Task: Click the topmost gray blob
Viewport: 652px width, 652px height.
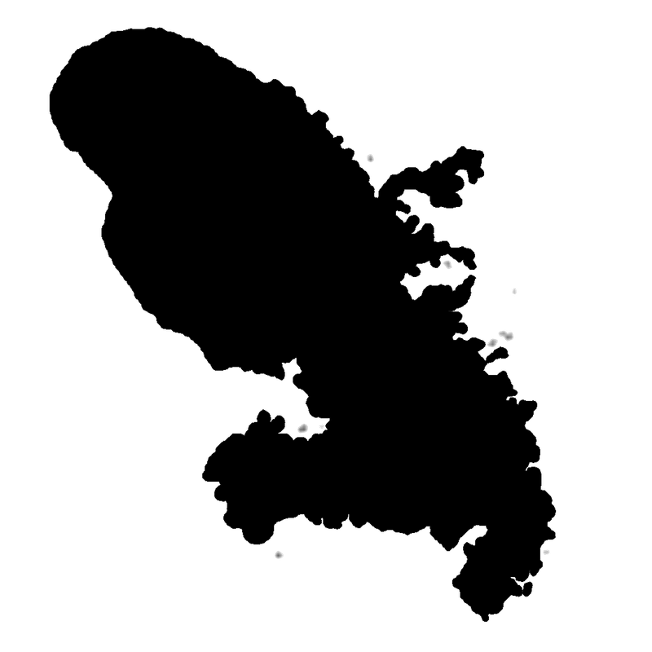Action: [x=370, y=158]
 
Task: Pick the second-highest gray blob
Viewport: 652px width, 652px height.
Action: [x=447, y=264]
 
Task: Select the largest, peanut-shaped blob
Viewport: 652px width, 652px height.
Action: [x=506, y=335]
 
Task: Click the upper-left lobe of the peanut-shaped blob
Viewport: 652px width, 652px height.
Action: [x=502, y=333]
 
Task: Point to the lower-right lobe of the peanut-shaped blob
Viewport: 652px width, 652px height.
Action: [x=509, y=337]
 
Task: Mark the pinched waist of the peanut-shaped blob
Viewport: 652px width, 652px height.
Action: [x=505, y=334]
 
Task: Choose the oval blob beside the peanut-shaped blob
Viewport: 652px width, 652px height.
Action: [x=492, y=343]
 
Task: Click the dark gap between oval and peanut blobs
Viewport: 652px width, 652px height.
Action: [x=498, y=339]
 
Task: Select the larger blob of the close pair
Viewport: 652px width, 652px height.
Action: [x=302, y=429]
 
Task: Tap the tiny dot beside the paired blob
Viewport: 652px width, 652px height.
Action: [x=321, y=426]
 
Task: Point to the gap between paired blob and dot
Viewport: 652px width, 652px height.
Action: [x=313, y=427]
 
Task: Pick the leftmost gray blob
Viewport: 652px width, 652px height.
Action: [x=279, y=555]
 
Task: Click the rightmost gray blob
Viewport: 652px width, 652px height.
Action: [x=546, y=552]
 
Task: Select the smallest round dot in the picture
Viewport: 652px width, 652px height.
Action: [x=321, y=426]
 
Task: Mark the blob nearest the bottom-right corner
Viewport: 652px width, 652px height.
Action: [x=546, y=552]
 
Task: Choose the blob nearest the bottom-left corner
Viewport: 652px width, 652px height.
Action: [x=279, y=555]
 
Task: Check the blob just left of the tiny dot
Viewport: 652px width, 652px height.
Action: [x=302, y=429]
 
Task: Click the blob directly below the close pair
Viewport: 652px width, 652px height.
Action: [x=279, y=555]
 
